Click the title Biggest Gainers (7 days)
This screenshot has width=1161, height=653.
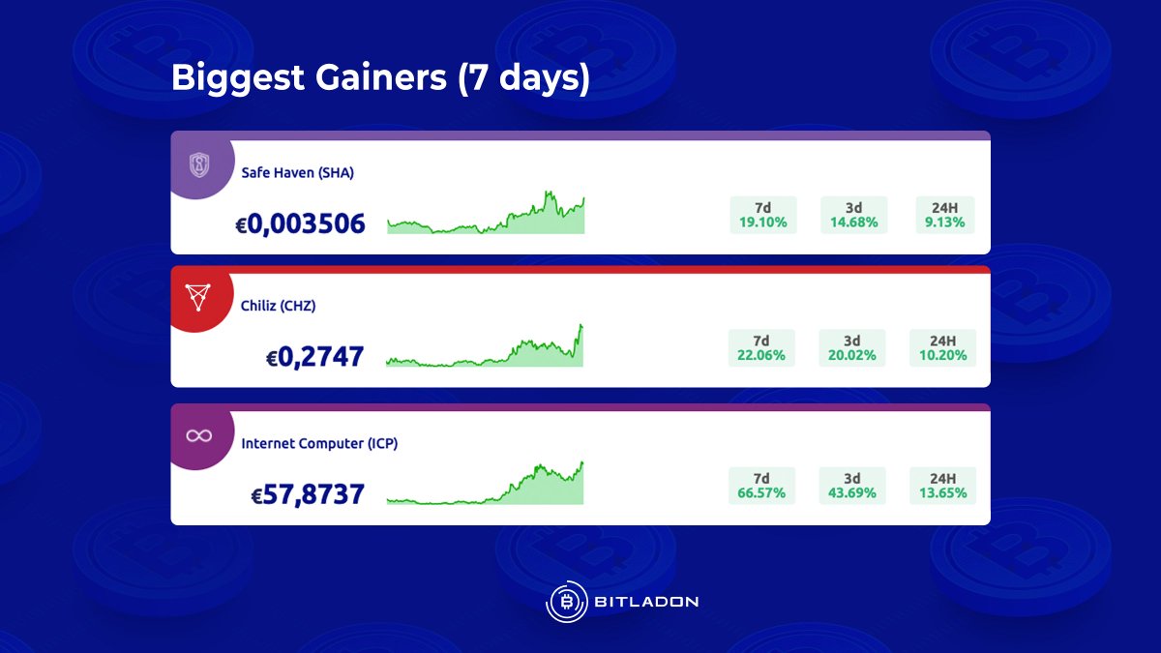pos(380,78)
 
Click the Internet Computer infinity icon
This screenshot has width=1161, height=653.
pos(199,436)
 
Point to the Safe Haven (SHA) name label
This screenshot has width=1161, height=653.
pos(298,173)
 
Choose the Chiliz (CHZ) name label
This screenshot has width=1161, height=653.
pos(279,306)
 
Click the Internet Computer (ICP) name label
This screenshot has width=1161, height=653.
pos(319,443)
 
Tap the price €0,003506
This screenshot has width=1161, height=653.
pos(301,224)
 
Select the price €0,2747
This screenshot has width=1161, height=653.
pos(315,357)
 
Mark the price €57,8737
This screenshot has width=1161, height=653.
pos(308,495)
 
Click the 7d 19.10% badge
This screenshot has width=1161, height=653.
pos(762,215)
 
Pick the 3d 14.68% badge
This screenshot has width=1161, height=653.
pos(853,215)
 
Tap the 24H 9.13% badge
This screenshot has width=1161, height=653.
pos(944,215)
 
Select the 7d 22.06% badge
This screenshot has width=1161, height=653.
pos(761,348)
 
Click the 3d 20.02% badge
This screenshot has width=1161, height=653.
pos(851,348)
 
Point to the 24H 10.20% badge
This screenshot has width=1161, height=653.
pos(942,348)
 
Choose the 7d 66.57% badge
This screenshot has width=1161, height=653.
pos(761,486)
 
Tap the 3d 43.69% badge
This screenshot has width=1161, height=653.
pos(851,486)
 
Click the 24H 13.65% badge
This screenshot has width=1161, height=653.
pos(942,486)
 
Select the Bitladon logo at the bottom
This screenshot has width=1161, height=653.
pos(622,602)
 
